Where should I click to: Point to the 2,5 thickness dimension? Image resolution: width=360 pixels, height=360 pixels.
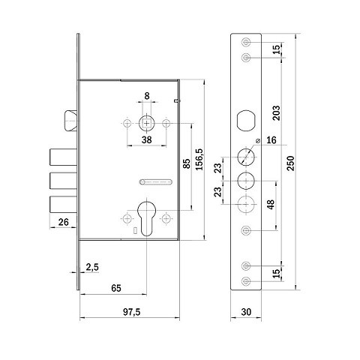point(92,267)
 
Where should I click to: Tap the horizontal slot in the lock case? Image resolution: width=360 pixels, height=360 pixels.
point(155,181)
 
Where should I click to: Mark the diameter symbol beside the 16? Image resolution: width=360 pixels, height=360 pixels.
point(259,140)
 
